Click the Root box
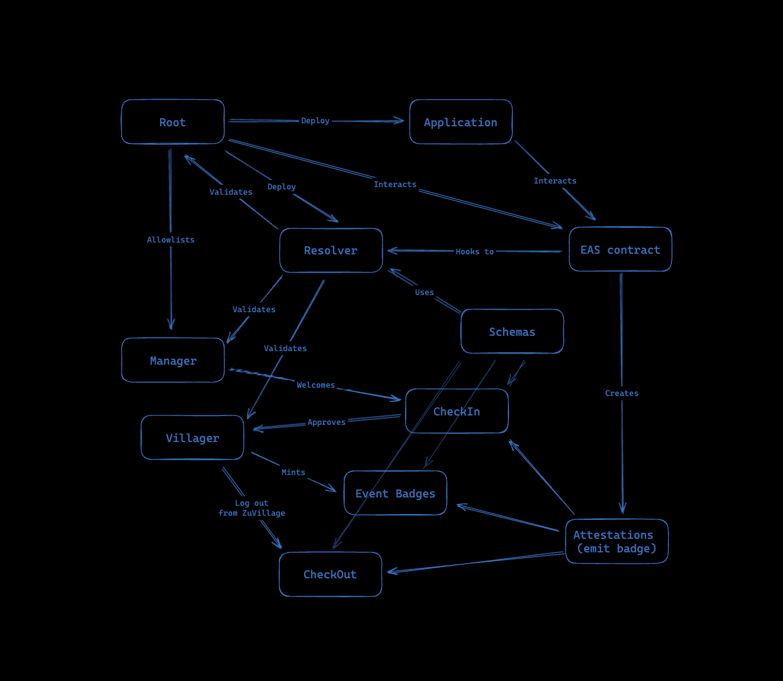pos(172,122)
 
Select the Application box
pos(461,122)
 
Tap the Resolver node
pos(331,251)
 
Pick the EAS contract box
pos(620,250)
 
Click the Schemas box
pos(512,332)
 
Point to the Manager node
pos(173,361)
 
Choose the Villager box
pos(193,438)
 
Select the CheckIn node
pos(456,411)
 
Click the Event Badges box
pos(395,493)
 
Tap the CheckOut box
pos(330,574)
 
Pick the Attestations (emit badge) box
pos(616,542)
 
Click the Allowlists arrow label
pos(171,240)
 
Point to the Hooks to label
pos(475,251)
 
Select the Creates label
pos(622,393)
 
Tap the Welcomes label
pos(316,385)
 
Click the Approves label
pos(327,422)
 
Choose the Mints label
pos(293,472)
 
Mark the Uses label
pos(425,292)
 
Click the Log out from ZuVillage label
pos(252,508)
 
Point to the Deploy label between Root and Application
pos(315,120)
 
